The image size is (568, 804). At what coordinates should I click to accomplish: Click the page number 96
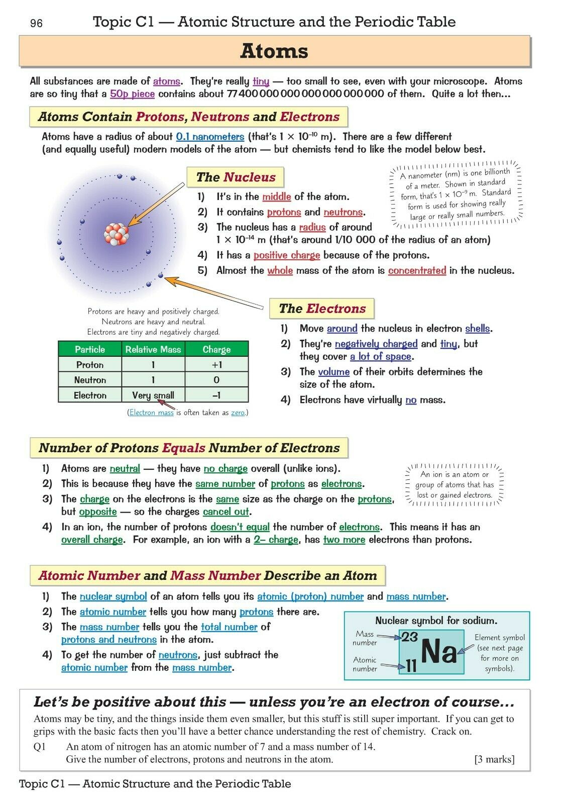click(37, 24)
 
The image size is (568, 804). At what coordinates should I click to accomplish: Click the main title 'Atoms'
click(274, 51)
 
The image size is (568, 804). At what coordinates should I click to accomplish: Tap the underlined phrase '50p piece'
click(132, 94)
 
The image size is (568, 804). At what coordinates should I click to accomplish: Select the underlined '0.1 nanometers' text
click(210, 137)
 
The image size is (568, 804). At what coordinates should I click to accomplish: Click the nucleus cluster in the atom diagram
click(117, 234)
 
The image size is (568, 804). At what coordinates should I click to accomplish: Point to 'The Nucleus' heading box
click(235, 177)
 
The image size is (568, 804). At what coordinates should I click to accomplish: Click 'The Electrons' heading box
click(322, 309)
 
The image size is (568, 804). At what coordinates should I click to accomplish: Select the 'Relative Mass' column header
click(153, 349)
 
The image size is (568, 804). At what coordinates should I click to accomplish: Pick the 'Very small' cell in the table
click(153, 395)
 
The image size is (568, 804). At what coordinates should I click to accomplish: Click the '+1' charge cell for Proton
click(216, 365)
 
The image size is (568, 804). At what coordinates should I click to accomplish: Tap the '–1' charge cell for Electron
click(216, 395)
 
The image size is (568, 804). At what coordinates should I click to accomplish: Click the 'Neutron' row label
click(90, 380)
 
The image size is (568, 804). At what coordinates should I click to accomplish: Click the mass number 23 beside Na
click(409, 637)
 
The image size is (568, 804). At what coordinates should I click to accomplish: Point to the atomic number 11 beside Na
click(411, 666)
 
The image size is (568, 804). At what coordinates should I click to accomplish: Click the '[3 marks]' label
click(494, 759)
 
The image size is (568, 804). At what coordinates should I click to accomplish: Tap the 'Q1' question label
click(40, 747)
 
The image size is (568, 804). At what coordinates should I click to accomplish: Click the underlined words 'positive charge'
click(287, 255)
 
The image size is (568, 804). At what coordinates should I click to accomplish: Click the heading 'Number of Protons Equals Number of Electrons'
click(189, 448)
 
